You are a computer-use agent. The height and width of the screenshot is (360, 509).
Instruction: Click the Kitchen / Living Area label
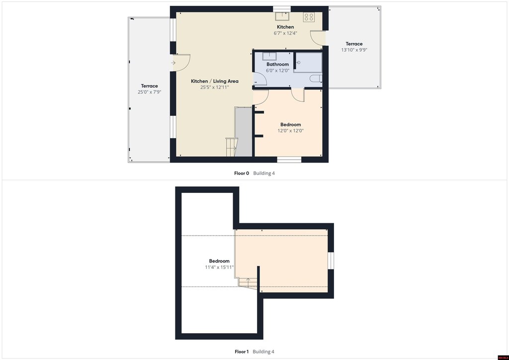coord(215,81)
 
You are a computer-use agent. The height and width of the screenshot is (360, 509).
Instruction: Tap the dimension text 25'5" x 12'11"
coord(215,88)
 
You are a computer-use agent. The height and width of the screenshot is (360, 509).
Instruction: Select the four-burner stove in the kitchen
coord(309,17)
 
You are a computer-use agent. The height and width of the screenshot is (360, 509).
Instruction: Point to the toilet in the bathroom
coord(316,78)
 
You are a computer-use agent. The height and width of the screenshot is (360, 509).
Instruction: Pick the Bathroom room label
coord(277,64)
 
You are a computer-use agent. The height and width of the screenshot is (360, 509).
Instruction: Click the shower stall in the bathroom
coord(308,62)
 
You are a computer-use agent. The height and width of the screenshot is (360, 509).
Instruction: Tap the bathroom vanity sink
coord(269,56)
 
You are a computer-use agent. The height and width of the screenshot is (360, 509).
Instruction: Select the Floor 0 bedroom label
coord(290,124)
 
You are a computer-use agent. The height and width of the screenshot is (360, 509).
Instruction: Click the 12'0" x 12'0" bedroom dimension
coord(290,130)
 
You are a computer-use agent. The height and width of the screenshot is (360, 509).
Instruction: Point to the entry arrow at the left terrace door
coord(173,63)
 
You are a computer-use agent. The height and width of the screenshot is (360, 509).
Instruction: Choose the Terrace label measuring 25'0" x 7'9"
coord(149,86)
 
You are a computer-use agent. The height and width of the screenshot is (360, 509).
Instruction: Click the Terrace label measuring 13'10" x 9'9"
coord(354,44)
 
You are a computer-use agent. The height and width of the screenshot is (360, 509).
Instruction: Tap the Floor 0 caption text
coord(242,174)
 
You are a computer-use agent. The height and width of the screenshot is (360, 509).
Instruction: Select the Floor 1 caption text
coord(242,352)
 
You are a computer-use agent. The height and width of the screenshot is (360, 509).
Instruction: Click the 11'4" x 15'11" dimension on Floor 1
coord(219,267)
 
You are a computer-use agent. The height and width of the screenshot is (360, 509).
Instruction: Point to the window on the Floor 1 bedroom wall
coord(331,261)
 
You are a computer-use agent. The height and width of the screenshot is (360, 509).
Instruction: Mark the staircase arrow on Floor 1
coord(249,282)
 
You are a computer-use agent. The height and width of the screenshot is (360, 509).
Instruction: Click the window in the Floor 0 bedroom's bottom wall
coord(289,160)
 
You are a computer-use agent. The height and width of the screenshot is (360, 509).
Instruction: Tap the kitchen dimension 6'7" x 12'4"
coord(285,33)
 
